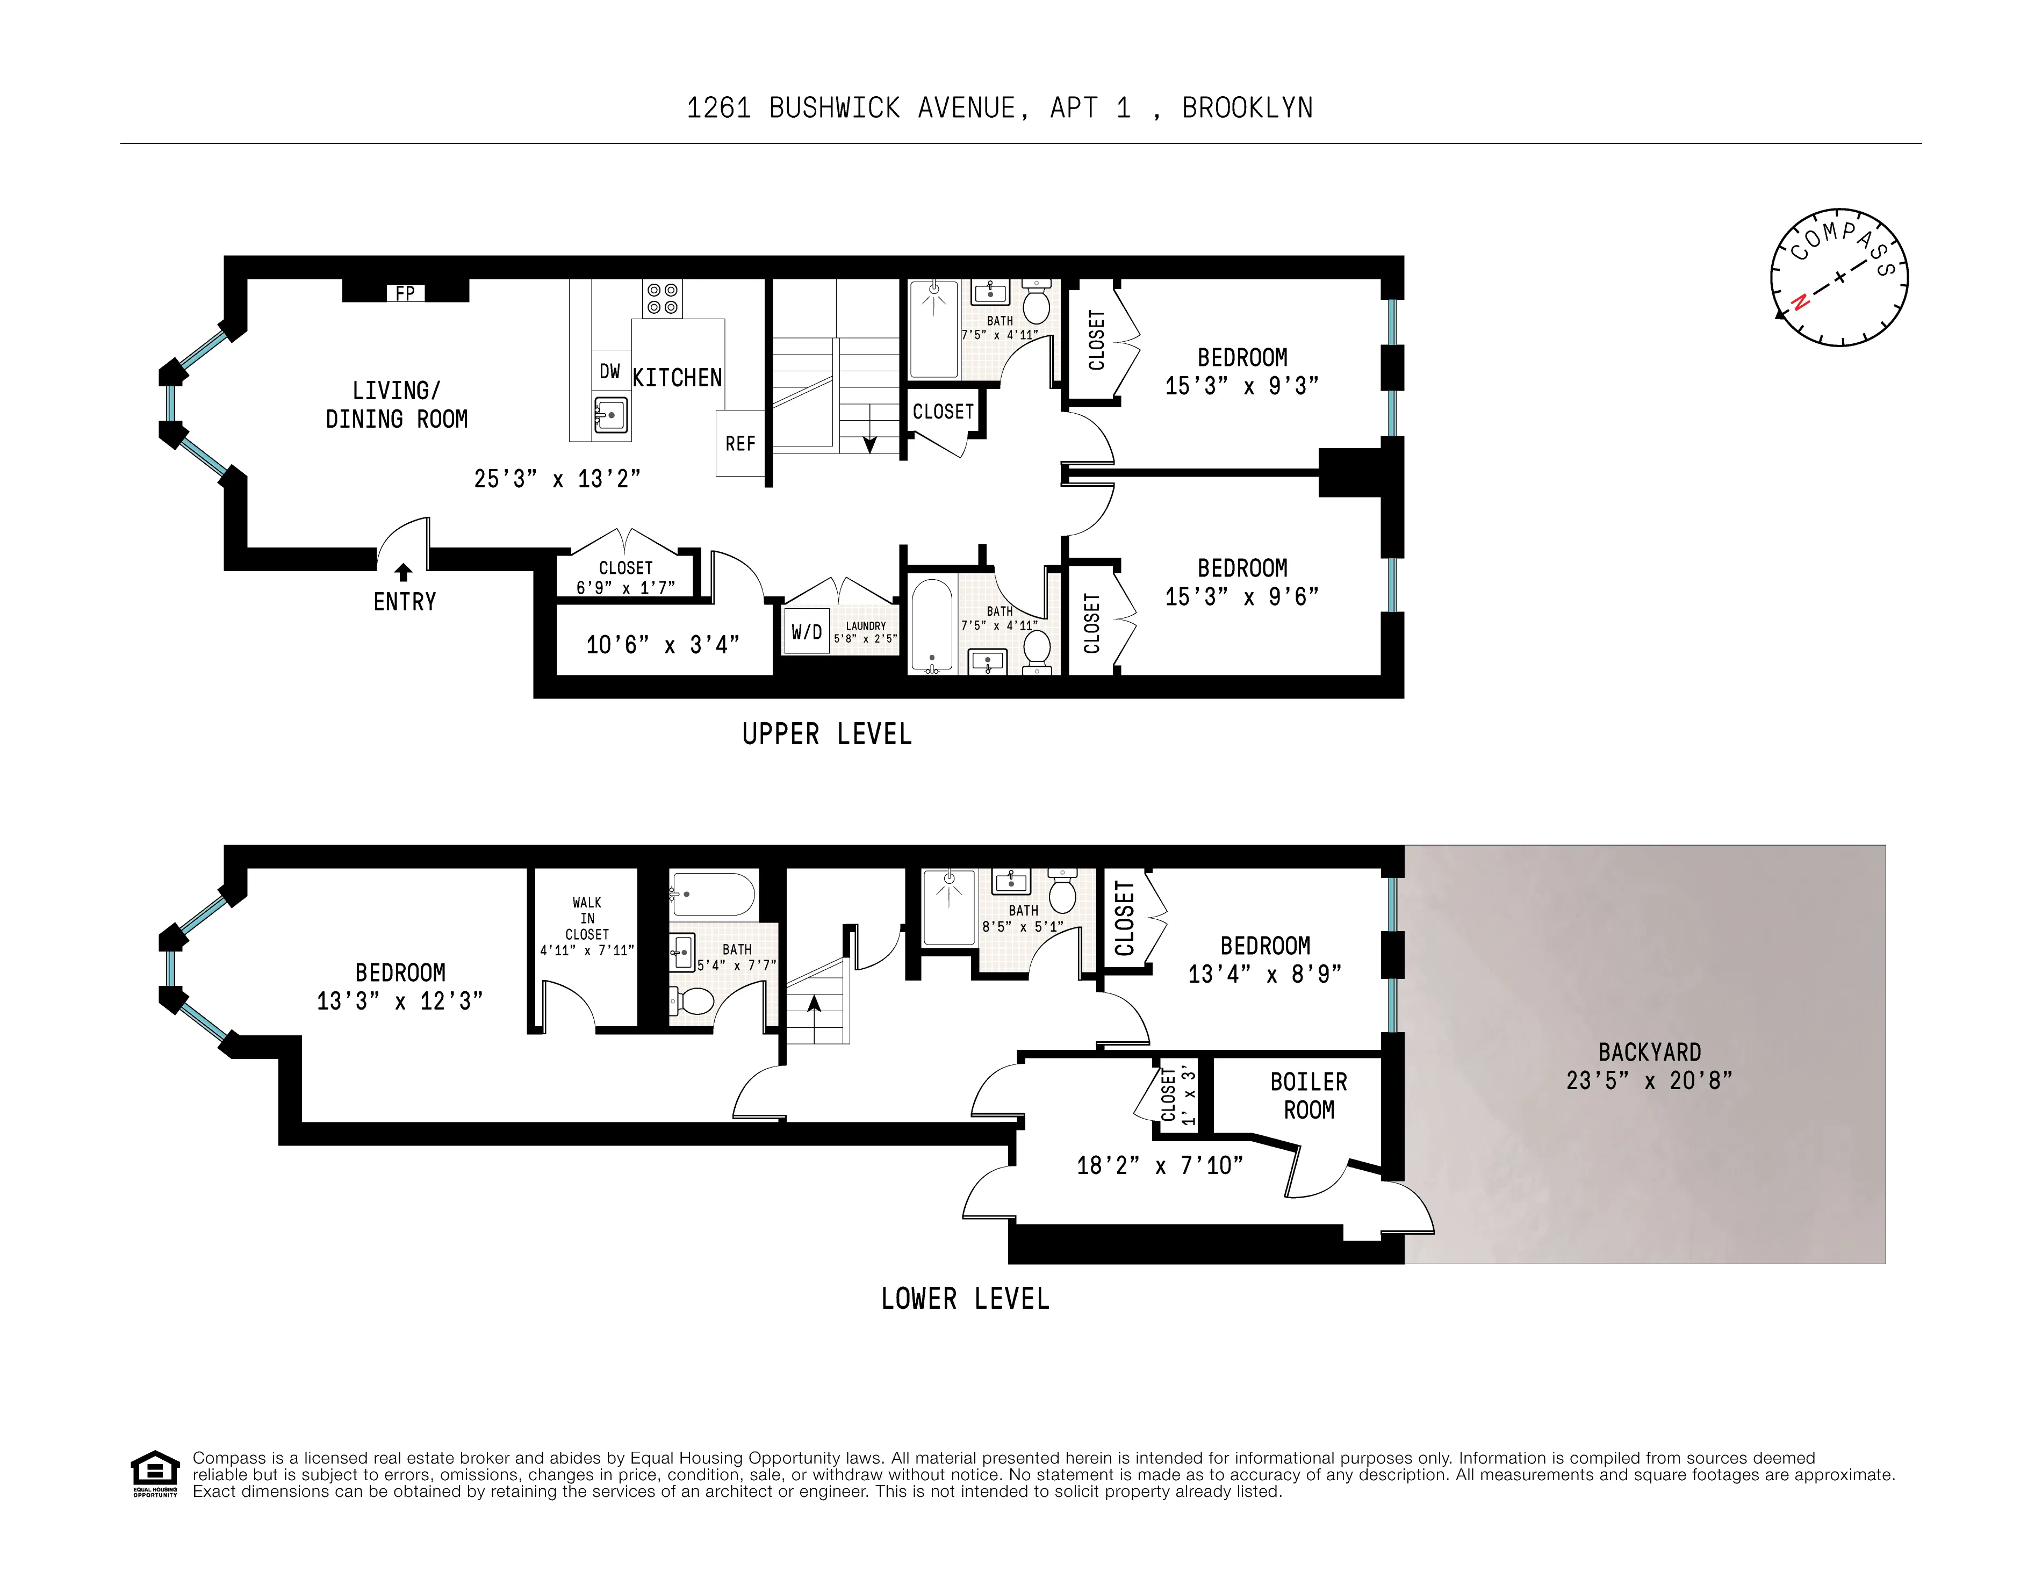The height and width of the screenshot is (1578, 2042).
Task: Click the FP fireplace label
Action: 405,293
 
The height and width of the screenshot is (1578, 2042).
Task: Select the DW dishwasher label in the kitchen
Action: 609,371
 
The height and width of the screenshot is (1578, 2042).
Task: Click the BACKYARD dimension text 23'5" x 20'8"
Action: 1649,1080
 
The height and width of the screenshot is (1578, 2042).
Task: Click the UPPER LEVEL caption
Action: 826,735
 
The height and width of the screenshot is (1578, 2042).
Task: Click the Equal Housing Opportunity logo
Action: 154,1472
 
